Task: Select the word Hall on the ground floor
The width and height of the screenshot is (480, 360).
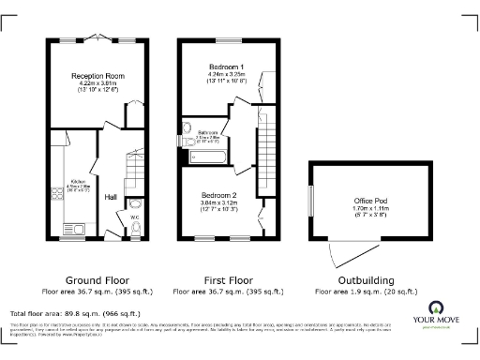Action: click(x=111, y=197)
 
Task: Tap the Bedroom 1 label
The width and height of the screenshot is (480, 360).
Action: click(x=229, y=67)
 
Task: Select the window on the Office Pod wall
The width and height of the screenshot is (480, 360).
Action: click(x=310, y=202)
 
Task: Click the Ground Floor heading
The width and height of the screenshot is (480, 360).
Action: click(x=97, y=280)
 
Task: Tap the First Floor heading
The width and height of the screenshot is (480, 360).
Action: click(x=229, y=280)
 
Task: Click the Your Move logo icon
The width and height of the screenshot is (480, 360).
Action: click(x=437, y=308)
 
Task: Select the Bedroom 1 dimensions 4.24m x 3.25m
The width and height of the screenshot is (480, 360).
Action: click(x=229, y=75)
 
